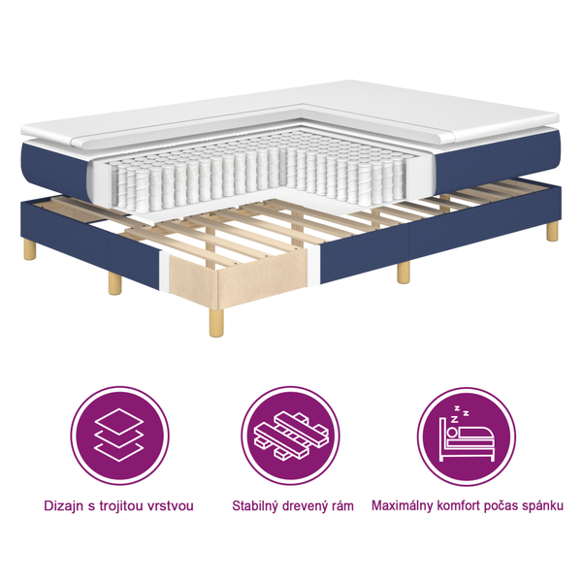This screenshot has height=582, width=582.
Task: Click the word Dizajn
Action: click(65, 506)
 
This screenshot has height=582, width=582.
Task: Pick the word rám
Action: click(342, 506)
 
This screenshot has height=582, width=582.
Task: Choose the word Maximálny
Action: click(407, 506)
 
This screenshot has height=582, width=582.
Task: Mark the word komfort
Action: click(469, 506)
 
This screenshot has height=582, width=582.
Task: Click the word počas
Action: click(514, 506)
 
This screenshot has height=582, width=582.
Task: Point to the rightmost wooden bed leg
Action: click(552, 231)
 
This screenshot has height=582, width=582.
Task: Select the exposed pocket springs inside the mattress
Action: click(272, 175)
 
